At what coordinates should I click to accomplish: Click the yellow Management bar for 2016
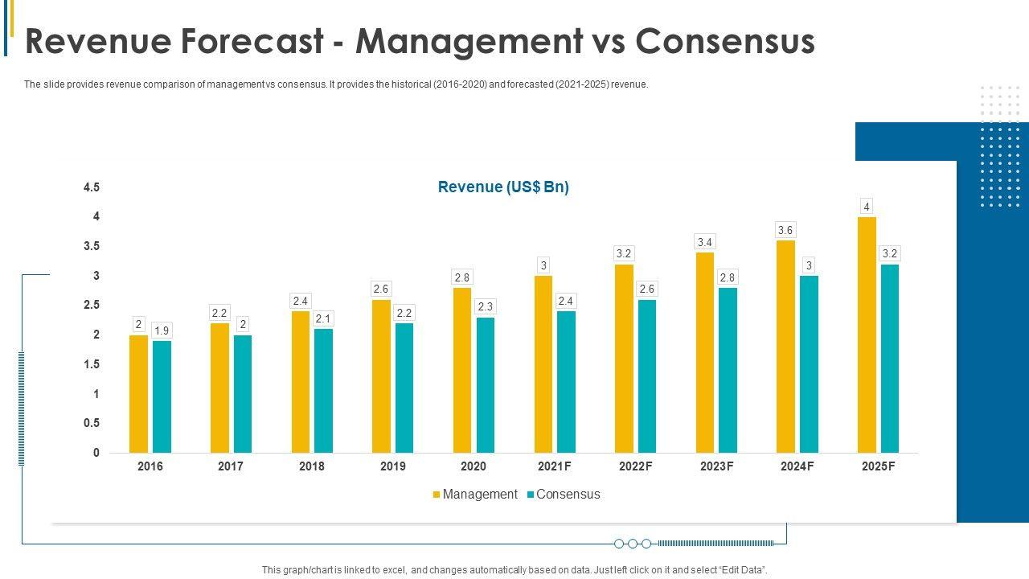[x=138, y=394]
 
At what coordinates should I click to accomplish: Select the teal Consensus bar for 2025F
[x=889, y=359]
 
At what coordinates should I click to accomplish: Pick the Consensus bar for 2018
[x=323, y=391]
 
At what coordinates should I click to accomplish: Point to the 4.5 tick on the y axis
[x=92, y=187]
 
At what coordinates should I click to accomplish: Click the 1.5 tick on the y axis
[x=92, y=364]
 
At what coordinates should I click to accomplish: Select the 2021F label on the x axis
[x=555, y=466]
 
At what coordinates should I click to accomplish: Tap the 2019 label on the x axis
[x=392, y=466]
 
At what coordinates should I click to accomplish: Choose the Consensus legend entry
[x=568, y=495]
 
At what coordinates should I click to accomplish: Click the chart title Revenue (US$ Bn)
[x=503, y=187]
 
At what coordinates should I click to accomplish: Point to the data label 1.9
[x=162, y=331]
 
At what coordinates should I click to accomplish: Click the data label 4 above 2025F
[x=867, y=207]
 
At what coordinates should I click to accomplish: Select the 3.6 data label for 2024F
[x=785, y=231]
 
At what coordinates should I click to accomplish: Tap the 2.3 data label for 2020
[x=485, y=306]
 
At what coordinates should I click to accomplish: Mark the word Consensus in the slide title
[x=724, y=42]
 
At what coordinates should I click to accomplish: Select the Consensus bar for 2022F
[x=646, y=376]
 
